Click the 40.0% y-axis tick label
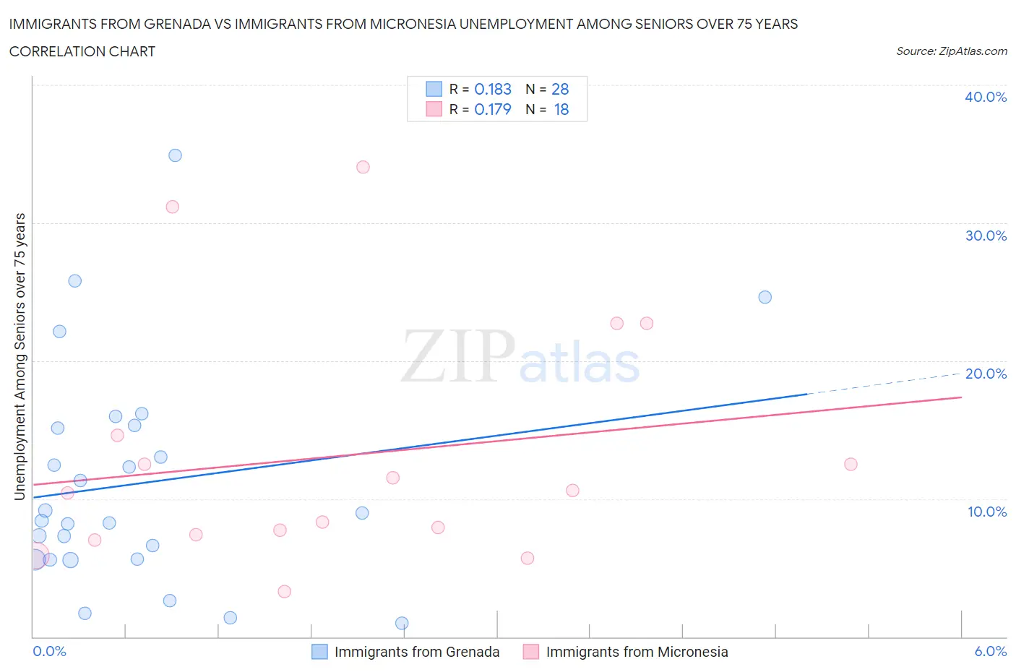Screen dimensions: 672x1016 pos(985,97)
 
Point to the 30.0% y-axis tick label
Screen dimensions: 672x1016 pos(985,236)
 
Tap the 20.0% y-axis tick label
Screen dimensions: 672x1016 pos(985,374)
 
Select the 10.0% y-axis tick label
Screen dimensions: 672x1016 pos(986,512)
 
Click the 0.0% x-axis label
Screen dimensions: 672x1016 pos(49,651)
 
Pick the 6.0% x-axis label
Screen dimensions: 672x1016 pos(990,651)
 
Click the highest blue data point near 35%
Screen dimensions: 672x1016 pos(175,155)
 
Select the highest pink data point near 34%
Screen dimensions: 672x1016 pos(363,167)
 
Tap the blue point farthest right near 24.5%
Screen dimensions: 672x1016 pos(765,297)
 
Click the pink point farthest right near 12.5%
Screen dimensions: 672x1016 pos(851,464)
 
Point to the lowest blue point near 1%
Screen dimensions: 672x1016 pos(402,623)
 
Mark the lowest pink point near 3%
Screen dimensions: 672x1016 pos(284,591)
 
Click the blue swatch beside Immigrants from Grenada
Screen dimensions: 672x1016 pos(319,652)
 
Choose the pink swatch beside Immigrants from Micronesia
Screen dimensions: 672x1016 pos(530,652)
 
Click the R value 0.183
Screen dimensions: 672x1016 pos(493,89)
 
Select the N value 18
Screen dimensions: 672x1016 pos(561,109)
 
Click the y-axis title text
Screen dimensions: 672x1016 pos(20,356)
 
